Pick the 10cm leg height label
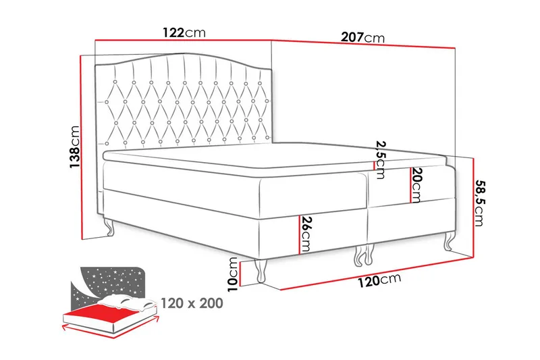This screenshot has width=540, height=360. [x=232, y=272]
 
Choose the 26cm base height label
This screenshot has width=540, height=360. [x=306, y=233]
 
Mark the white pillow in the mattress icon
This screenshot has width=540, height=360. [x=128, y=301]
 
